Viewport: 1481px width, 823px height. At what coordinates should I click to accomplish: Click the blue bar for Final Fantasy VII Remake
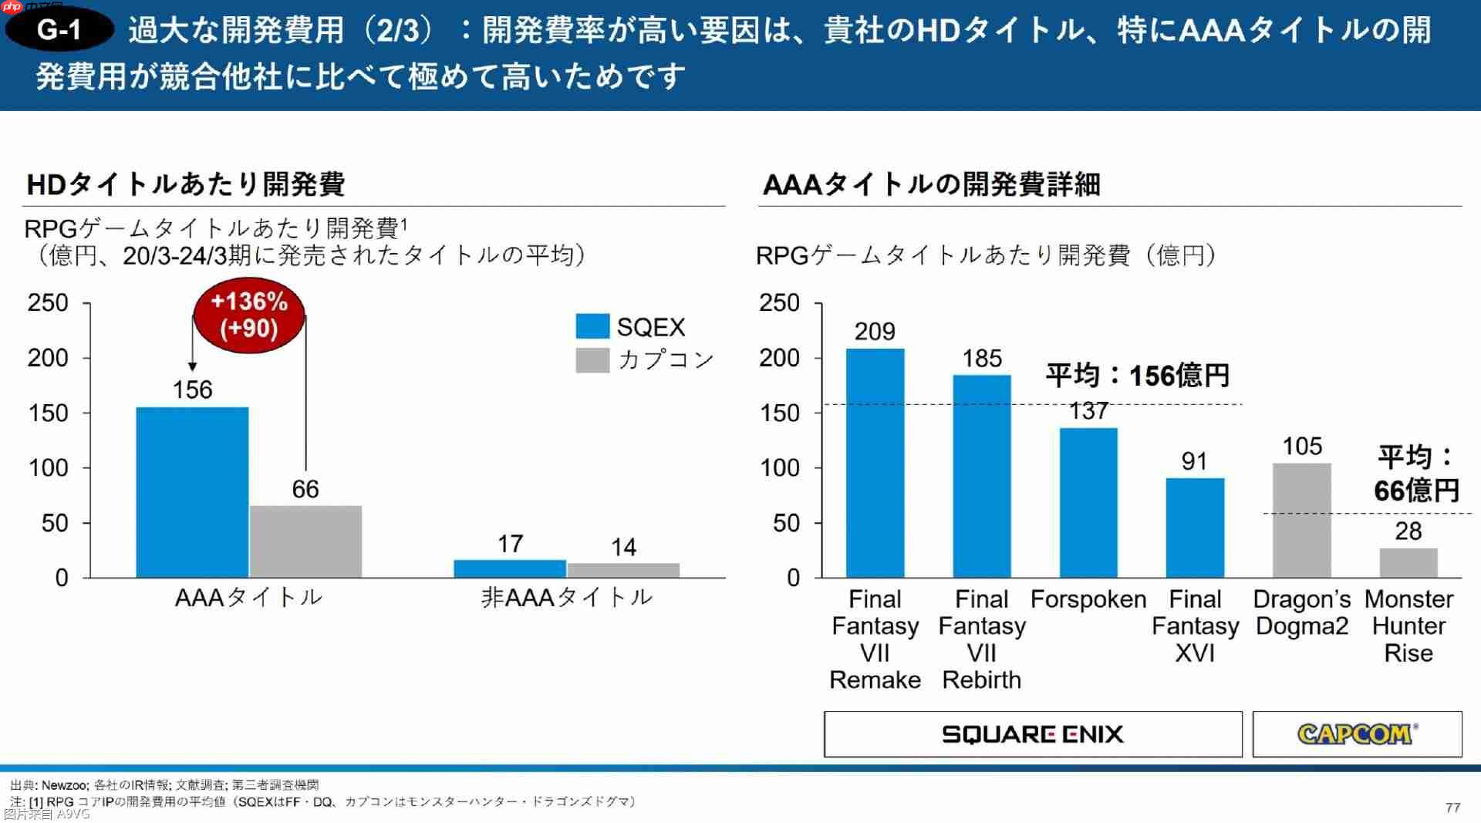coord(875,463)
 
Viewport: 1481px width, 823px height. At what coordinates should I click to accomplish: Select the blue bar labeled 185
coord(981,476)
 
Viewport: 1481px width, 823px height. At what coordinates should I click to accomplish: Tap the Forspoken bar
coord(1088,502)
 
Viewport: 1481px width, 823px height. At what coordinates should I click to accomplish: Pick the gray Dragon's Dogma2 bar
coord(1301,520)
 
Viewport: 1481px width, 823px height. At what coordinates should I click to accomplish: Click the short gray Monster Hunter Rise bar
coord(1408,562)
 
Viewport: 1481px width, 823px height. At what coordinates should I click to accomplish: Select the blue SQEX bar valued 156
coord(192,492)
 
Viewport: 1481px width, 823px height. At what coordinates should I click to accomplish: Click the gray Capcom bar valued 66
coord(305,541)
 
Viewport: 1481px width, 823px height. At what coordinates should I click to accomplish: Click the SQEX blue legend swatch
coord(592,326)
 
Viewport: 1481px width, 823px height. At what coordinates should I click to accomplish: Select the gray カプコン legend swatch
coord(592,360)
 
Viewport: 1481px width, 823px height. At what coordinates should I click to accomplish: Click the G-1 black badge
coord(59,29)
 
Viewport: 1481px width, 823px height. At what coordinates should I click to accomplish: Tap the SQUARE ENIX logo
coord(1032,734)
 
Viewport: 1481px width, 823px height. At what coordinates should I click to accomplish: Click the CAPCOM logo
coord(1356,734)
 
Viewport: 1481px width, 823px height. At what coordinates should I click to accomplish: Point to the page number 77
coord(1452,807)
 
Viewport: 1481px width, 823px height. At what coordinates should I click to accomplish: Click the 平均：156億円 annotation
coord(1137,376)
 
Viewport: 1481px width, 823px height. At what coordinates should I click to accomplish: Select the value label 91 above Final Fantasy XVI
coord(1194,461)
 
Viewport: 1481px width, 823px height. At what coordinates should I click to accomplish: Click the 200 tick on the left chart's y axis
coord(48,358)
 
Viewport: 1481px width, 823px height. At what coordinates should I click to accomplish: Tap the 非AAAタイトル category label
coord(567,597)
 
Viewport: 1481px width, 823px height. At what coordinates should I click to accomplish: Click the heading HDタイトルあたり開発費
coord(186,184)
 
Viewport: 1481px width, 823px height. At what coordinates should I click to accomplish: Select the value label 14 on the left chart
coord(623,548)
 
